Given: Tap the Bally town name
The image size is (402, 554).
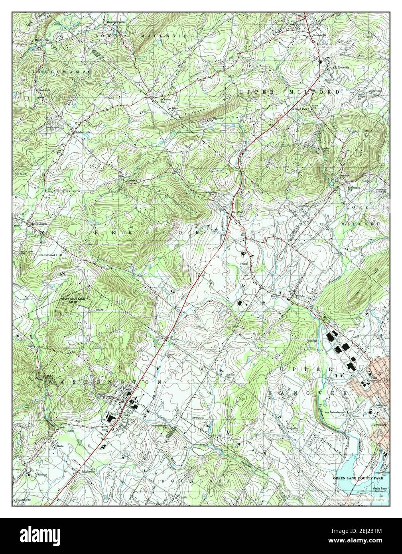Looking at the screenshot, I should (127, 415).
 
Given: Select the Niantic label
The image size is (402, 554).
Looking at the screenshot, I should (183, 497).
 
